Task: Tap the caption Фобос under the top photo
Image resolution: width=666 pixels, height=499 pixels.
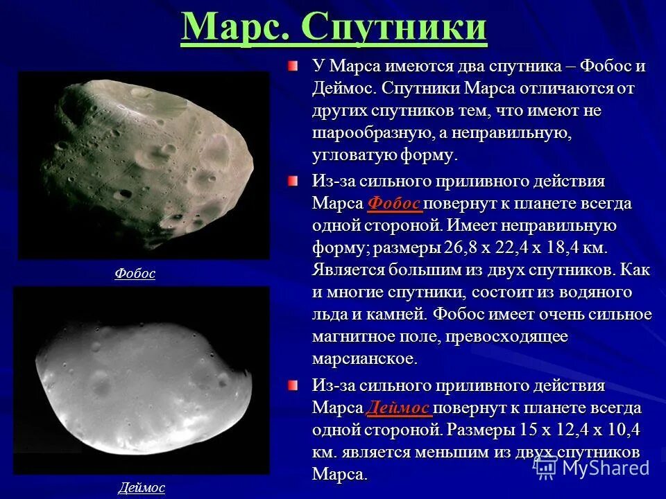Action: (135, 274)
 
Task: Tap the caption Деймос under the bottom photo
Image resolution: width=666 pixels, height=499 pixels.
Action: (142, 487)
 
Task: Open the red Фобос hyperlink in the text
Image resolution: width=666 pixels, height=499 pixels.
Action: (393, 203)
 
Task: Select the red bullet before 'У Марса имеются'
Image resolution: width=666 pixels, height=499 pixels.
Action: (293, 67)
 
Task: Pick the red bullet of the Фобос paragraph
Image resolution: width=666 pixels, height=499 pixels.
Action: (293, 182)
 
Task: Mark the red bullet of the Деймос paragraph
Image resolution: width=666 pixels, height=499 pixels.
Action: (293, 386)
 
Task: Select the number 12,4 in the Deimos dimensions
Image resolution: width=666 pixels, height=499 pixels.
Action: (573, 430)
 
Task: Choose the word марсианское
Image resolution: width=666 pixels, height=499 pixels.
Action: (365, 358)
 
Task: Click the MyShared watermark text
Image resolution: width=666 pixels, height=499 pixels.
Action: (605, 468)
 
